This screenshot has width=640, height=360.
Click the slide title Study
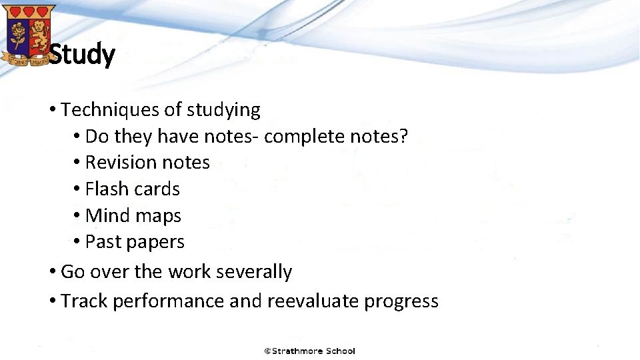(x=82, y=55)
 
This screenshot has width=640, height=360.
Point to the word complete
(x=304, y=136)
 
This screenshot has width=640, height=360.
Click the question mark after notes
(x=403, y=136)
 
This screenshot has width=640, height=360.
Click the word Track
(x=84, y=301)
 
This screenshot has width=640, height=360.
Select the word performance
(x=169, y=301)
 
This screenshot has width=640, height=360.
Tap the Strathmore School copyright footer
(x=309, y=351)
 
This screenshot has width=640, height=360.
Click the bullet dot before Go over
(x=52, y=272)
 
